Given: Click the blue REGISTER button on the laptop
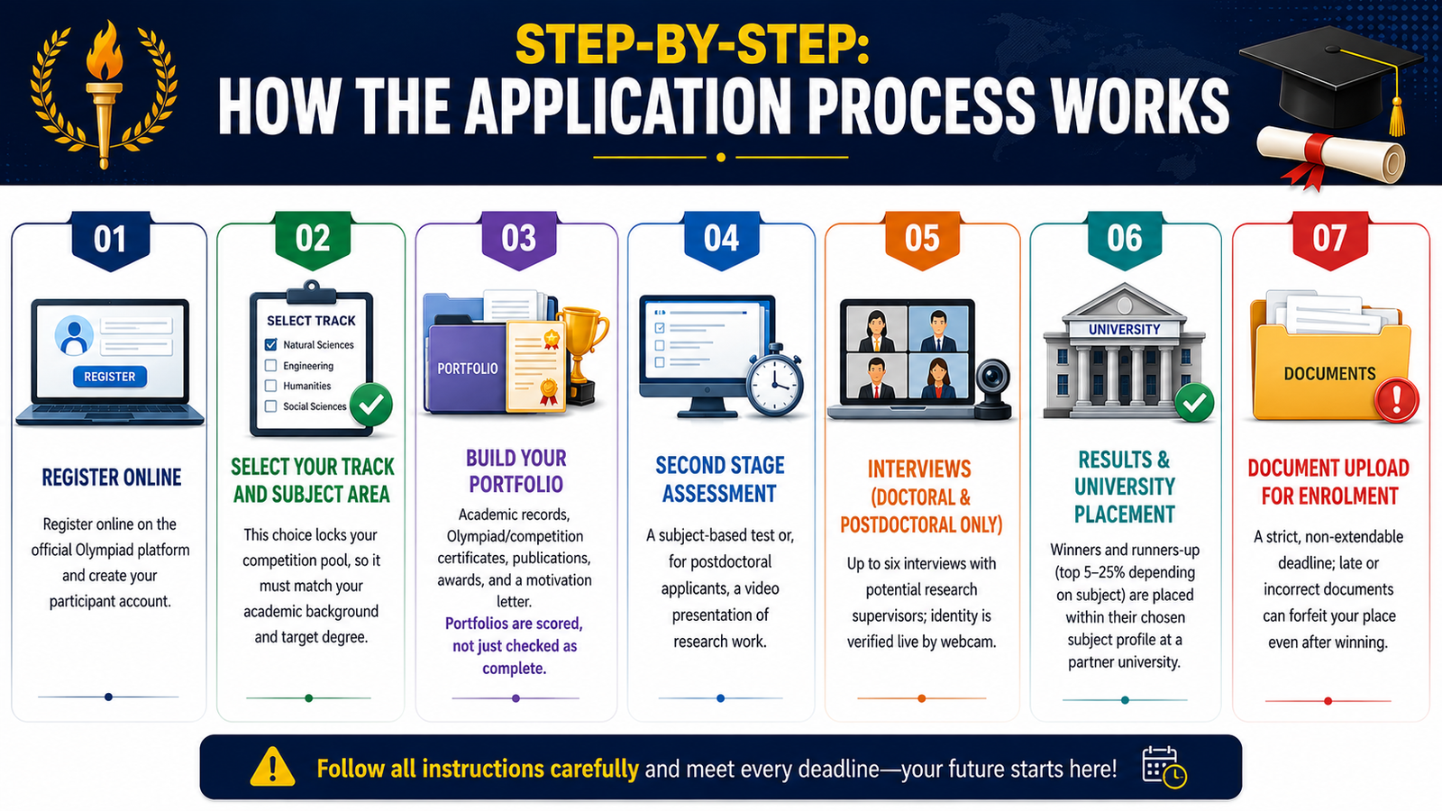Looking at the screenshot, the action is (109, 377).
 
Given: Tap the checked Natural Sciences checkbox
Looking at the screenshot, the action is (271, 344).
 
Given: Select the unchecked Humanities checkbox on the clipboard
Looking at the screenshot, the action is (271, 386).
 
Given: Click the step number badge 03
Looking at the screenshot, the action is (519, 240).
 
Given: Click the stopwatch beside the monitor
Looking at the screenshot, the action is (775, 381).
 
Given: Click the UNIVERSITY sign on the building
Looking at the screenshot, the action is (1124, 330).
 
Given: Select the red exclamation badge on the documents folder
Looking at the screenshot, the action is (1396, 400).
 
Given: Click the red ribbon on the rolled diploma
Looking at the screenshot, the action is (1310, 162).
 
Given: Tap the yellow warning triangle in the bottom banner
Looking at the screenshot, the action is (272, 767).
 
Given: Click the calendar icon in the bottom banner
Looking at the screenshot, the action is (1164, 767).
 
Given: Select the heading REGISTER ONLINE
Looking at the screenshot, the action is (112, 478).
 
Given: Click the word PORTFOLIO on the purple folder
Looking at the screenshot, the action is (468, 369).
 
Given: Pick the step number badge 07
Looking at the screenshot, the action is (1328, 240).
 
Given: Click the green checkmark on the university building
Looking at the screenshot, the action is (1194, 403).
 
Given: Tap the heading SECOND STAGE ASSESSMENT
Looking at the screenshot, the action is (720, 479).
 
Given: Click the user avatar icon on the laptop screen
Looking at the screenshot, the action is (74, 335).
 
